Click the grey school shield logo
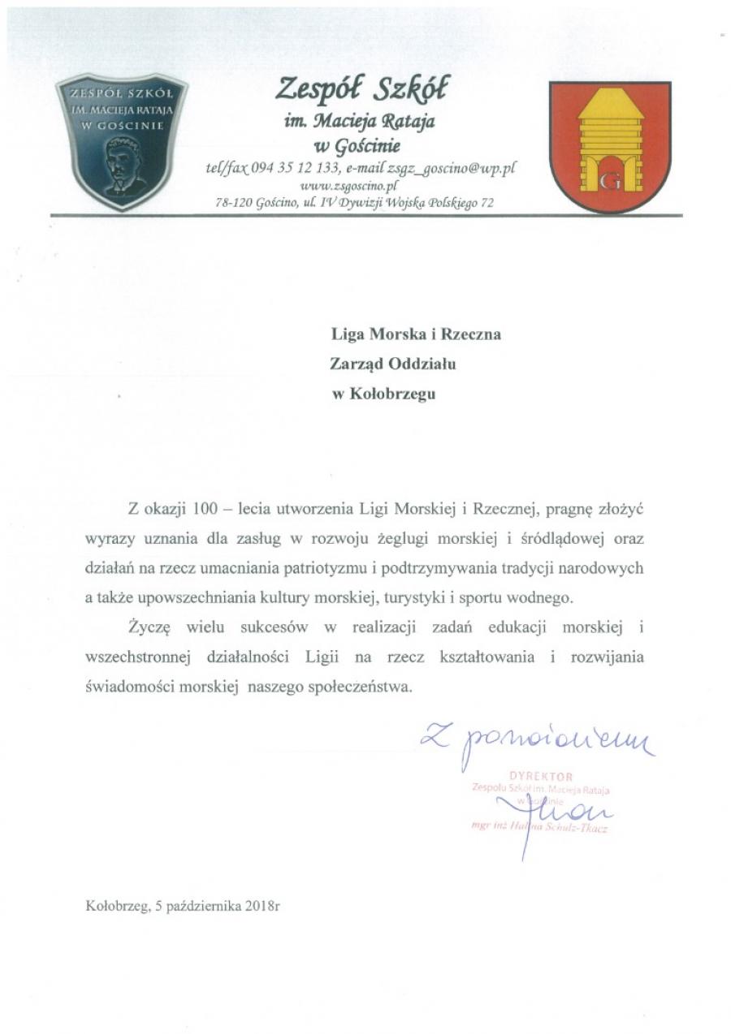(x=122, y=141)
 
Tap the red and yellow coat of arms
(x=609, y=147)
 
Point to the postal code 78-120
(x=235, y=204)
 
